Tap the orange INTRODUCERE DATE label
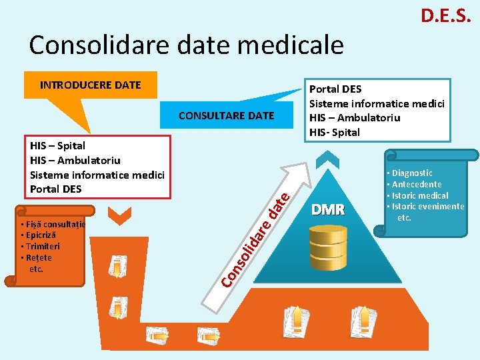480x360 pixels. pyautogui.click(x=91, y=85)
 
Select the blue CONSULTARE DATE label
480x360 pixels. pyautogui.click(x=226, y=115)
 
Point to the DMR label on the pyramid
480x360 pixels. pyautogui.click(x=328, y=210)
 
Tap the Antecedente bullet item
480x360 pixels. pyautogui.click(x=416, y=184)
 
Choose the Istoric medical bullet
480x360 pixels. pyautogui.click(x=419, y=195)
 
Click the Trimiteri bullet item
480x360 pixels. pyautogui.click(x=41, y=246)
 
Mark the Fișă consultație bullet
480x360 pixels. pyautogui.click(x=53, y=224)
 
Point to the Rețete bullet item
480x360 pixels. pyautogui.click(x=37, y=257)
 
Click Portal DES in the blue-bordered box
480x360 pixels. pyautogui.click(x=335, y=89)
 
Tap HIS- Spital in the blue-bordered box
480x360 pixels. pyautogui.click(x=335, y=132)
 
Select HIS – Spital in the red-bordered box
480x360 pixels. pyautogui.click(x=58, y=145)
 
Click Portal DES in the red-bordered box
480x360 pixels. pyautogui.click(x=56, y=189)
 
